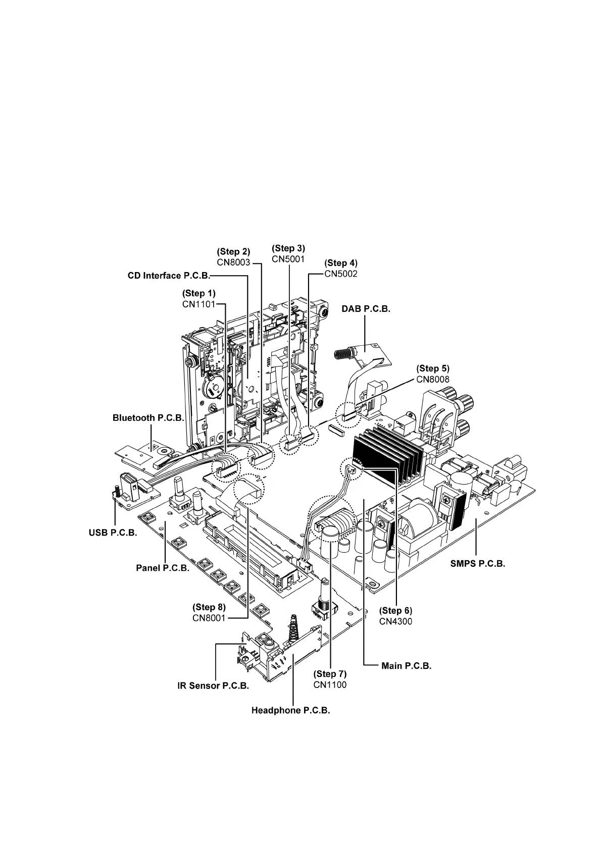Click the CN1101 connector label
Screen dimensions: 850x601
pos(198,304)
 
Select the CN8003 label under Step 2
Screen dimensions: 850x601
pos(233,262)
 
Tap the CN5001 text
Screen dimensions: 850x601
pos(288,259)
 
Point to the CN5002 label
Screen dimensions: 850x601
pos(340,274)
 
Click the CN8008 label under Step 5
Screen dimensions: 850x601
pos(432,380)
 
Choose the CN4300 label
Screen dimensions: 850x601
pos(395,622)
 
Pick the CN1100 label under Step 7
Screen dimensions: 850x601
pos(330,685)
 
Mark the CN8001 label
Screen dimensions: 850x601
pos(209,618)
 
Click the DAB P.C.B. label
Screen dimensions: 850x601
pos(366,309)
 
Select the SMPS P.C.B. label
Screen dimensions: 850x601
pos(477,564)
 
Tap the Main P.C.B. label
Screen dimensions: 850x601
pos(406,666)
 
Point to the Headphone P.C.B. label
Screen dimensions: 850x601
pos(290,711)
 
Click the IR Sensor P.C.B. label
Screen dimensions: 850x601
pos(213,686)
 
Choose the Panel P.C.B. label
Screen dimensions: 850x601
pos(163,568)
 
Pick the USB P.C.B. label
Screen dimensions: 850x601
pos(113,533)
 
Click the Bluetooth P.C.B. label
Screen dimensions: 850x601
pos(148,418)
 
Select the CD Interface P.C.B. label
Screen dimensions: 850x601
pos(169,276)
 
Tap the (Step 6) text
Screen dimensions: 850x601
pos(395,611)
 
